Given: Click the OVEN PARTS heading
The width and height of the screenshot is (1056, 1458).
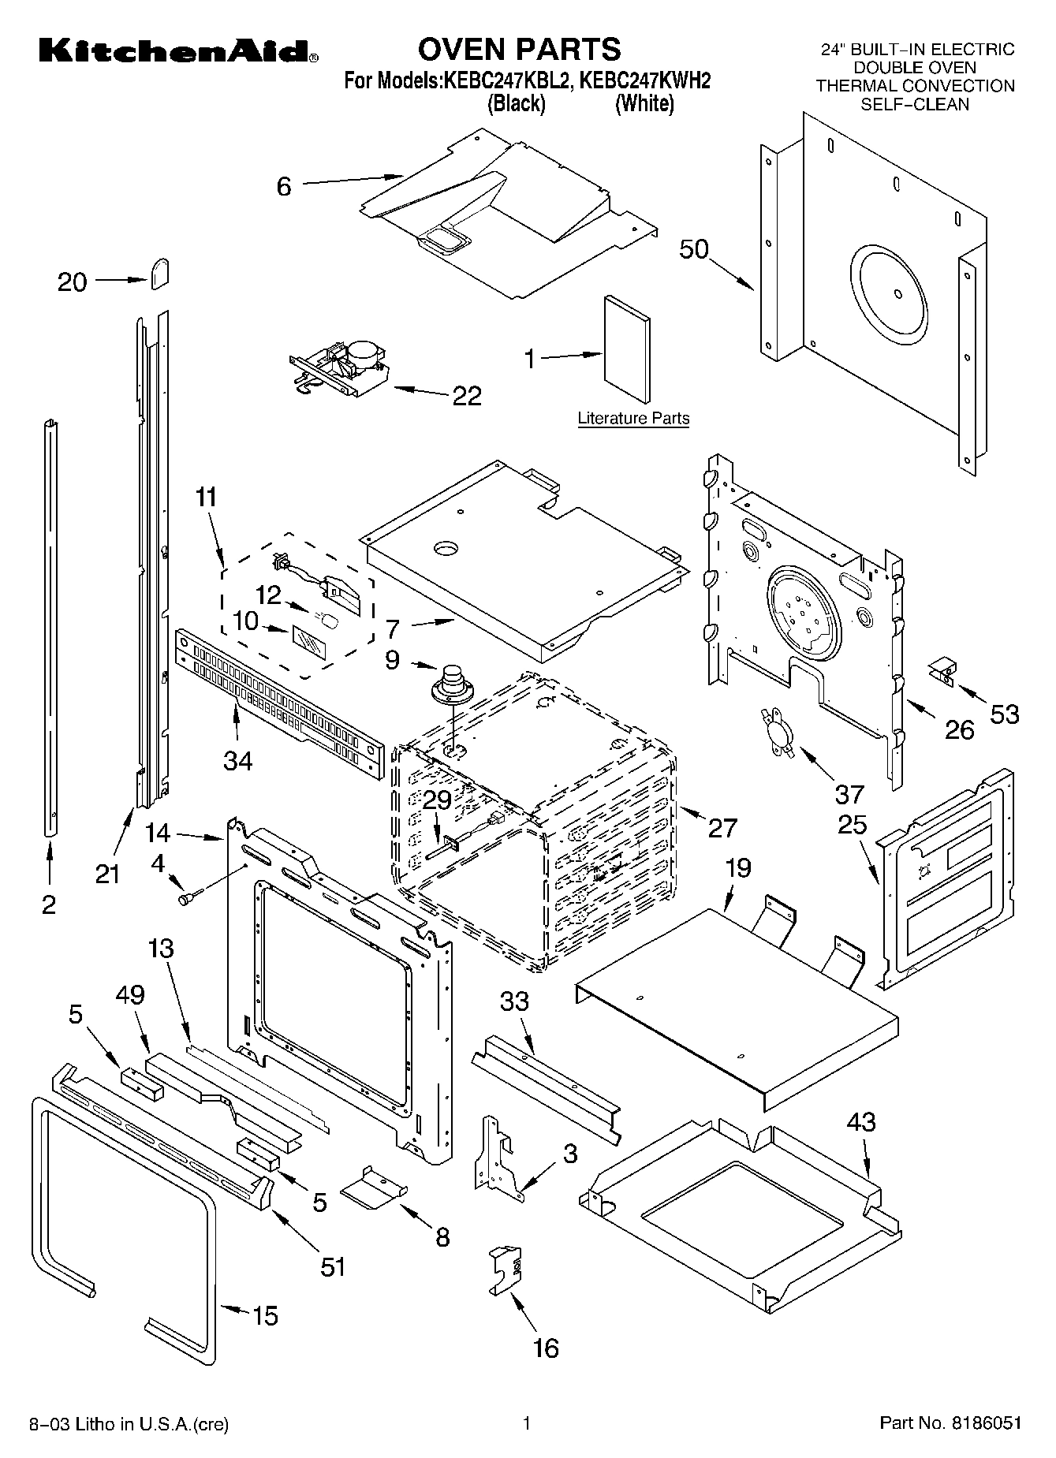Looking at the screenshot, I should click(x=519, y=49).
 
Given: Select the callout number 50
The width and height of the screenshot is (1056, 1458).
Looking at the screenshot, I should click(x=694, y=249).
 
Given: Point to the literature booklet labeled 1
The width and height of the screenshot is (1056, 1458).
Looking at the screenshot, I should click(x=628, y=349).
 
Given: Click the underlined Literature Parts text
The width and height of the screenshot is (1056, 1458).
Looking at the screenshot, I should click(x=633, y=419).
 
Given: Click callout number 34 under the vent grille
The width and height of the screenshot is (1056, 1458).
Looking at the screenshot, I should click(x=237, y=761).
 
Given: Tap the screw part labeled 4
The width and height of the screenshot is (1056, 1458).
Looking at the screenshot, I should click(x=190, y=897).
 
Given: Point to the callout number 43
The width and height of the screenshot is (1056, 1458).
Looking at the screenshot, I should click(x=860, y=1121).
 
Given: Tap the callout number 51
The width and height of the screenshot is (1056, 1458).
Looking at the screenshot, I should click(x=333, y=1266).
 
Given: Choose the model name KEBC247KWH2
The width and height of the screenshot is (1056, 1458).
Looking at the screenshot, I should click(x=645, y=80).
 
